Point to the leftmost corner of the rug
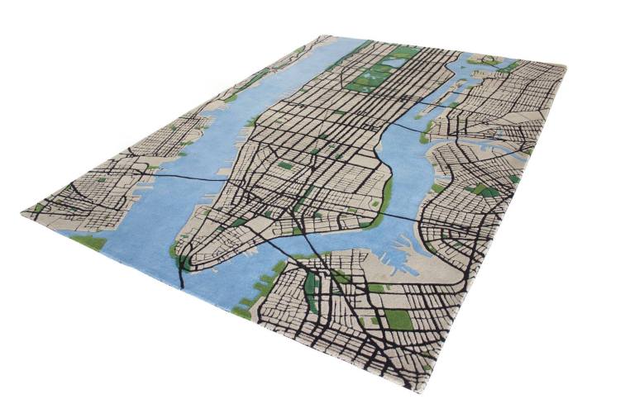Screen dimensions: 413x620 tap(22, 213)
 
